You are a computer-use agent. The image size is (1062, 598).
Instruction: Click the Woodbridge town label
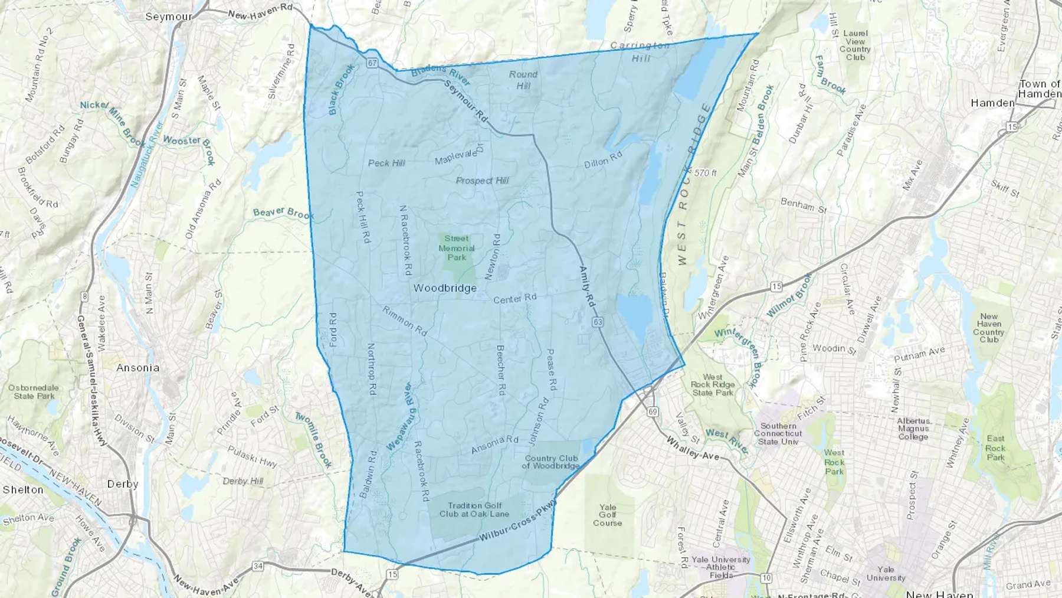[x=445, y=288]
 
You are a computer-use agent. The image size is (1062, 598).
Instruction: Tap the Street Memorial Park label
[x=457, y=248]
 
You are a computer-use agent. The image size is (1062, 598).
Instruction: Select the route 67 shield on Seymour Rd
[x=372, y=63]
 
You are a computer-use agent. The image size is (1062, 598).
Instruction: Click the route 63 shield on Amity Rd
[x=599, y=322]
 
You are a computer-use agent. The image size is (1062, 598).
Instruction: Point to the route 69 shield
[x=652, y=411]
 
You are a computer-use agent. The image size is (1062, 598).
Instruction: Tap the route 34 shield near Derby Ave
[x=258, y=566]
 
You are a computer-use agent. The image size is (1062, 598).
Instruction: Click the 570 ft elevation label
[x=705, y=173]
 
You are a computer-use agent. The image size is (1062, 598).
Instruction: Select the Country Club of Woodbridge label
[x=552, y=462]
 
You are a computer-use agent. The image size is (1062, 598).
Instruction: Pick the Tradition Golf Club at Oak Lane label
[x=474, y=509]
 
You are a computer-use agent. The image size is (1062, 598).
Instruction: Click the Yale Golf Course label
[x=608, y=515]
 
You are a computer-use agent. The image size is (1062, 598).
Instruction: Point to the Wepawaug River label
[x=399, y=417]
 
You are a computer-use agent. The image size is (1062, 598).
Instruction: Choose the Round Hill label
[x=523, y=80]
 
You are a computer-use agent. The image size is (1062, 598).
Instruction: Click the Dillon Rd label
[x=603, y=159]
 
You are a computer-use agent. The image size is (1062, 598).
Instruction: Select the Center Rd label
[x=514, y=299]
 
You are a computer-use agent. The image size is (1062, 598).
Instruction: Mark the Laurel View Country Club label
[x=855, y=45]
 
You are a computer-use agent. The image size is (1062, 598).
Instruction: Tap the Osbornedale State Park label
[x=34, y=392]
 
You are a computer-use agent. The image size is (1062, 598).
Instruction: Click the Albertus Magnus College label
[x=913, y=429]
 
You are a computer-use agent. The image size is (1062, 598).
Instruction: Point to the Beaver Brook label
[x=283, y=213]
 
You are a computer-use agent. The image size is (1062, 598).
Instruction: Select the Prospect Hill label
[x=482, y=181]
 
